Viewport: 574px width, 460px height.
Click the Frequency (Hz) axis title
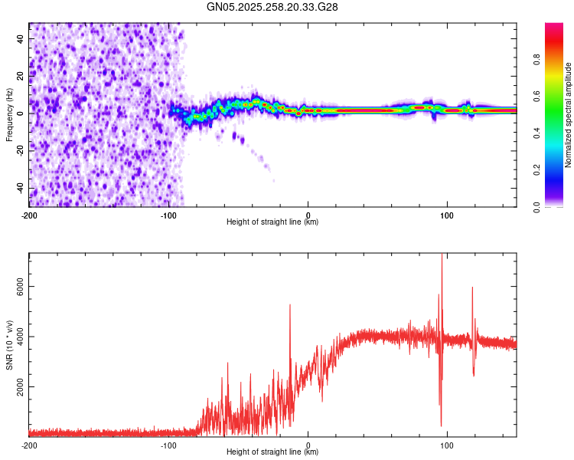coord(9,115)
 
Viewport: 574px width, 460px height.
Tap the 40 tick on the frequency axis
coord(20,38)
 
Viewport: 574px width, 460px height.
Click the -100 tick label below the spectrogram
coord(168,215)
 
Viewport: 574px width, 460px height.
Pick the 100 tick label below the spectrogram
coord(448,215)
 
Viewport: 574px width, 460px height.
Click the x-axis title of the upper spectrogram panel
coord(272,222)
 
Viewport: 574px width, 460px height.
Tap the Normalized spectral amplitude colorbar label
coord(569,115)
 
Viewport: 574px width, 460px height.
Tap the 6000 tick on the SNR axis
coord(16,286)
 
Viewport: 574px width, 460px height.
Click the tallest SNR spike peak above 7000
coord(442,256)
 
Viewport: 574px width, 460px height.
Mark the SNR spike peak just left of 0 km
coord(290,305)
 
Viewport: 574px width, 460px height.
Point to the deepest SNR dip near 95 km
coord(441,426)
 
